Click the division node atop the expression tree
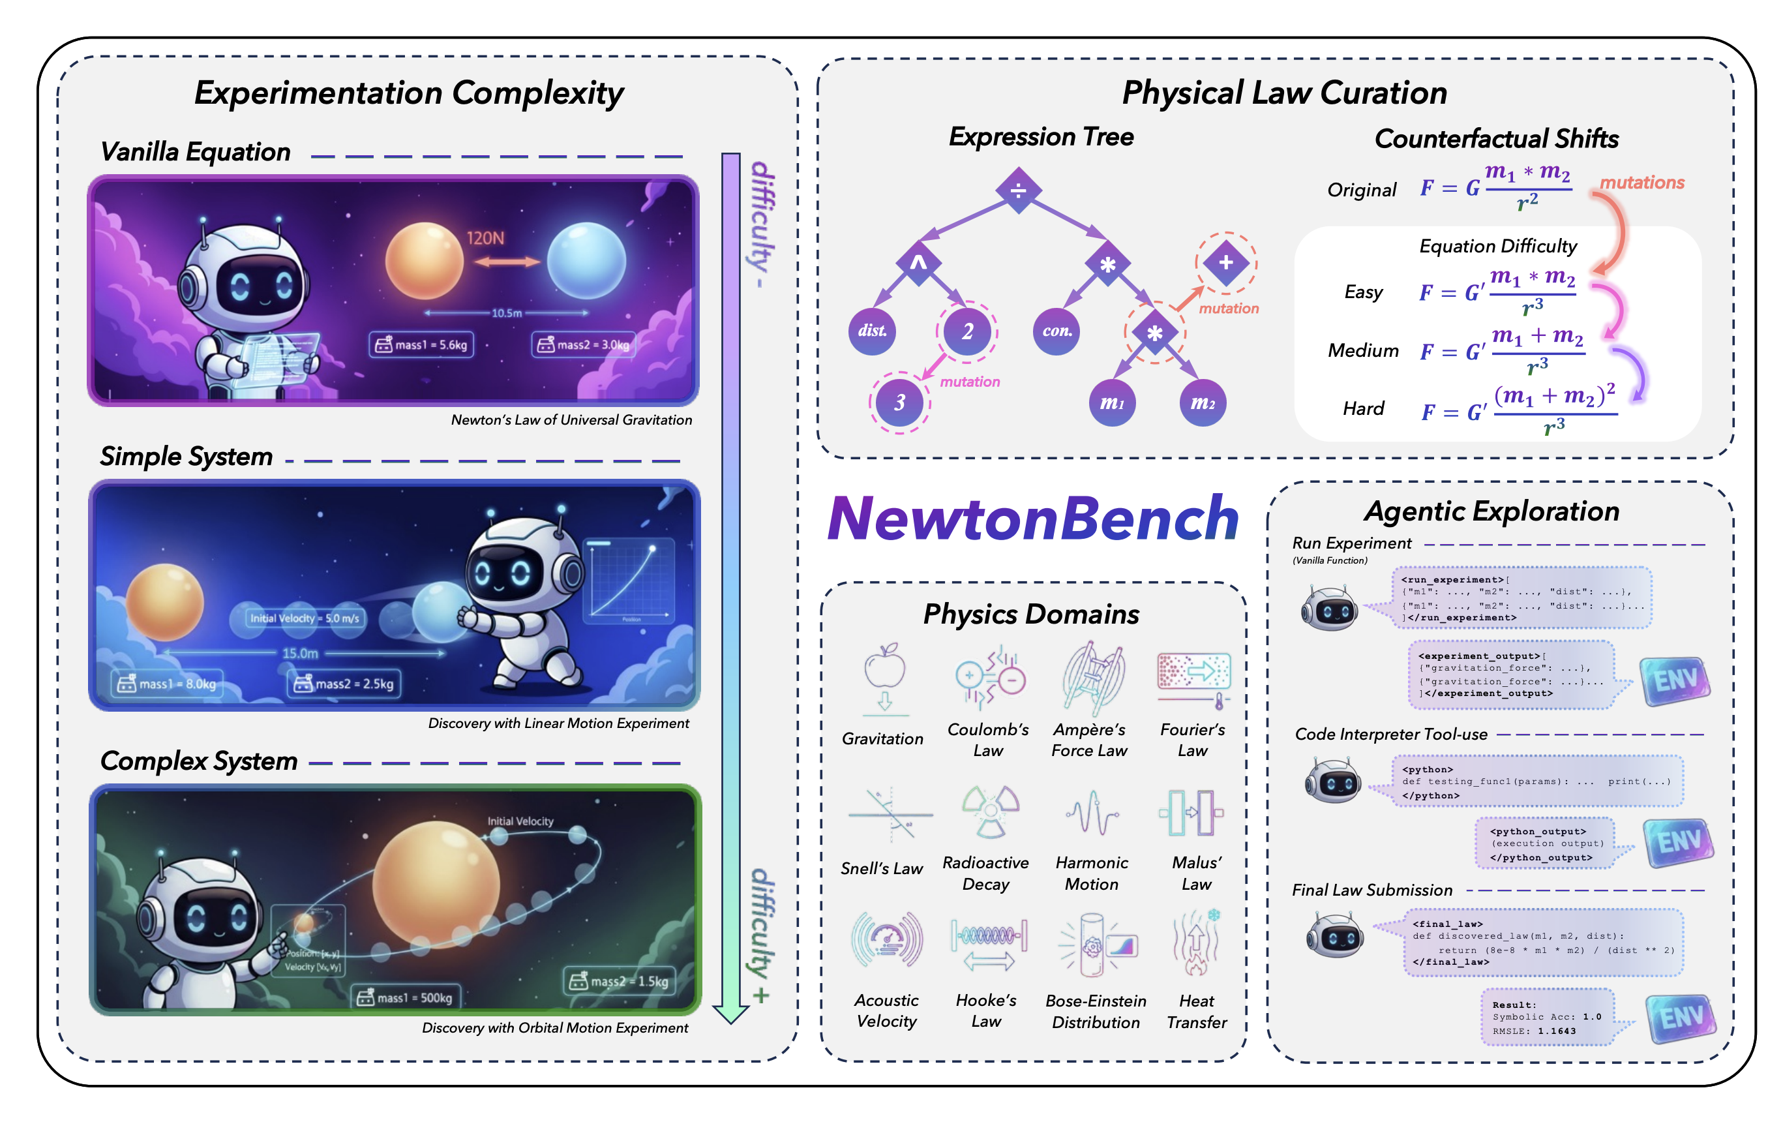click(x=1018, y=190)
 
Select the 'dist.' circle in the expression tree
click(x=871, y=331)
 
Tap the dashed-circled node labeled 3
click(x=899, y=402)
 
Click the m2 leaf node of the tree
click(x=1202, y=403)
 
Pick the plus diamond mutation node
click(x=1225, y=262)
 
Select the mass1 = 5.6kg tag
click(x=421, y=344)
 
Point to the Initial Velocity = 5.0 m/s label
click(x=305, y=618)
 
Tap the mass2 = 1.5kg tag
click(x=619, y=981)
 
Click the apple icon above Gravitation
click(x=885, y=666)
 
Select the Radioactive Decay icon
click(x=990, y=811)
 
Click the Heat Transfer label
click(x=1196, y=1011)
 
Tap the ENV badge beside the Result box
click(x=1680, y=1018)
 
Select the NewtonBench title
click(x=1033, y=519)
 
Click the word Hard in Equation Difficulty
click(x=1363, y=409)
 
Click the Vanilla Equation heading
click(x=196, y=152)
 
